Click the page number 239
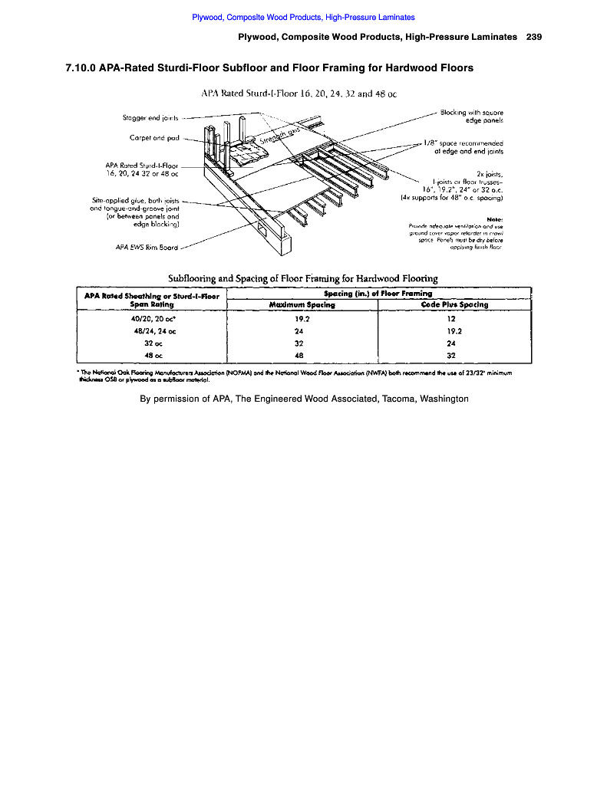pyautogui.click(x=535, y=37)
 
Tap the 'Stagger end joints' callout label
pyautogui.click(x=150, y=118)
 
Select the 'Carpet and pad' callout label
pyautogui.click(x=155, y=139)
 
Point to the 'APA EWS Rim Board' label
pyautogui.click(x=145, y=248)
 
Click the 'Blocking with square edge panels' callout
pyautogui.click(x=472, y=116)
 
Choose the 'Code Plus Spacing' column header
pyautogui.click(x=454, y=304)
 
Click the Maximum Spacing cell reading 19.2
pyautogui.click(x=302, y=318)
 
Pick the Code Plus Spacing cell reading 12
pyautogui.click(x=451, y=318)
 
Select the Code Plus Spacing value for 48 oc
pyautogui.click(x=451, y=355)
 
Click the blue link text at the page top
pyautogui.click(x=303, y=17)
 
